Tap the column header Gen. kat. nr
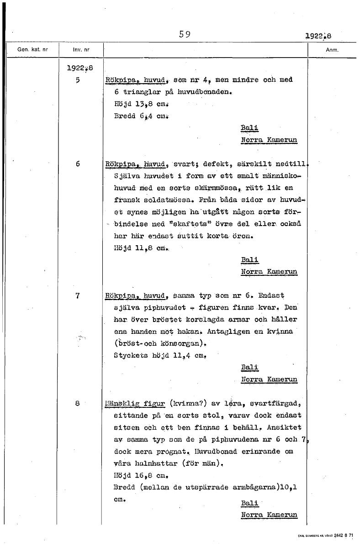pos(32,50)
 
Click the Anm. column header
pos(332,50)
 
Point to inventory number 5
pos(78,79)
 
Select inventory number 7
pos(78,296)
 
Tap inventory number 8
pos(78,403)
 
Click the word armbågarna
pos(254,487)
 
